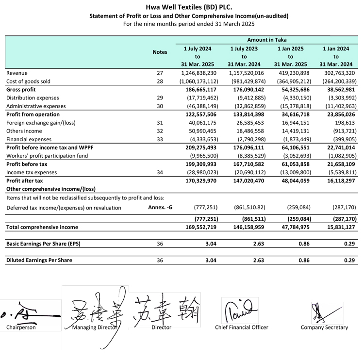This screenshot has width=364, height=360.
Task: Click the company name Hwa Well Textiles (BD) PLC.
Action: [182, 7]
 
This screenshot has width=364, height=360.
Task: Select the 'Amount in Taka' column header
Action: [266, 40]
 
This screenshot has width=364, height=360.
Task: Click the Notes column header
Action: [160, 52]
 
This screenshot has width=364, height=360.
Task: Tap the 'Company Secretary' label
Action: [324, 327]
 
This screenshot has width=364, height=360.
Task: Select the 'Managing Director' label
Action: [94, 327]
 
